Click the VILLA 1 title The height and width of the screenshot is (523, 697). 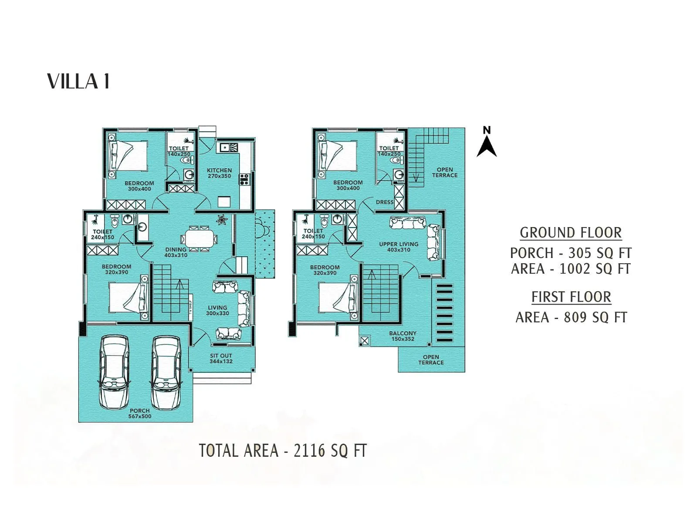[x=78, y=82]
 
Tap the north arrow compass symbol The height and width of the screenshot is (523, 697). [x=487, y=142]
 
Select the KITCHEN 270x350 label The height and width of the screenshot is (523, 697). [x=219, y=173]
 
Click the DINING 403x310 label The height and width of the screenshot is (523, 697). [x=176, y=252]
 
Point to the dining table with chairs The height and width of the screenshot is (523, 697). [x=200, y=239]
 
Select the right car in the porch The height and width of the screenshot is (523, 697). [x=166, y=373]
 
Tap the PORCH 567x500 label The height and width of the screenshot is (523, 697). [x=139, y=413]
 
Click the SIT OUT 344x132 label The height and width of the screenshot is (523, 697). [x=221, y=358]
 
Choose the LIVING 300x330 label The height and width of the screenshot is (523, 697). [x=217, y=310]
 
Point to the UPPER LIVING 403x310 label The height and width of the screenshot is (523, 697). [x=398, y=247]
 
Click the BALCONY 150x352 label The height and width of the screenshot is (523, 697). [x=403, y=336]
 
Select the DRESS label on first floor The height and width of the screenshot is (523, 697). [x=384, y=202]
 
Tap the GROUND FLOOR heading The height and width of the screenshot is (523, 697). [x=571, y=233]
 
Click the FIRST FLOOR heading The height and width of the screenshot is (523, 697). [x=571, y=297]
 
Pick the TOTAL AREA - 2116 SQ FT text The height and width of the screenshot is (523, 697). [x=283, y=451]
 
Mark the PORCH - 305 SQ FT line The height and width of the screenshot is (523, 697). [x=571, y=253]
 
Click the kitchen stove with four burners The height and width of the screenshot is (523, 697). [x=244, y=179]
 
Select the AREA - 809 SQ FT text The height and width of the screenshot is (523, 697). [x=571, y=317]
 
